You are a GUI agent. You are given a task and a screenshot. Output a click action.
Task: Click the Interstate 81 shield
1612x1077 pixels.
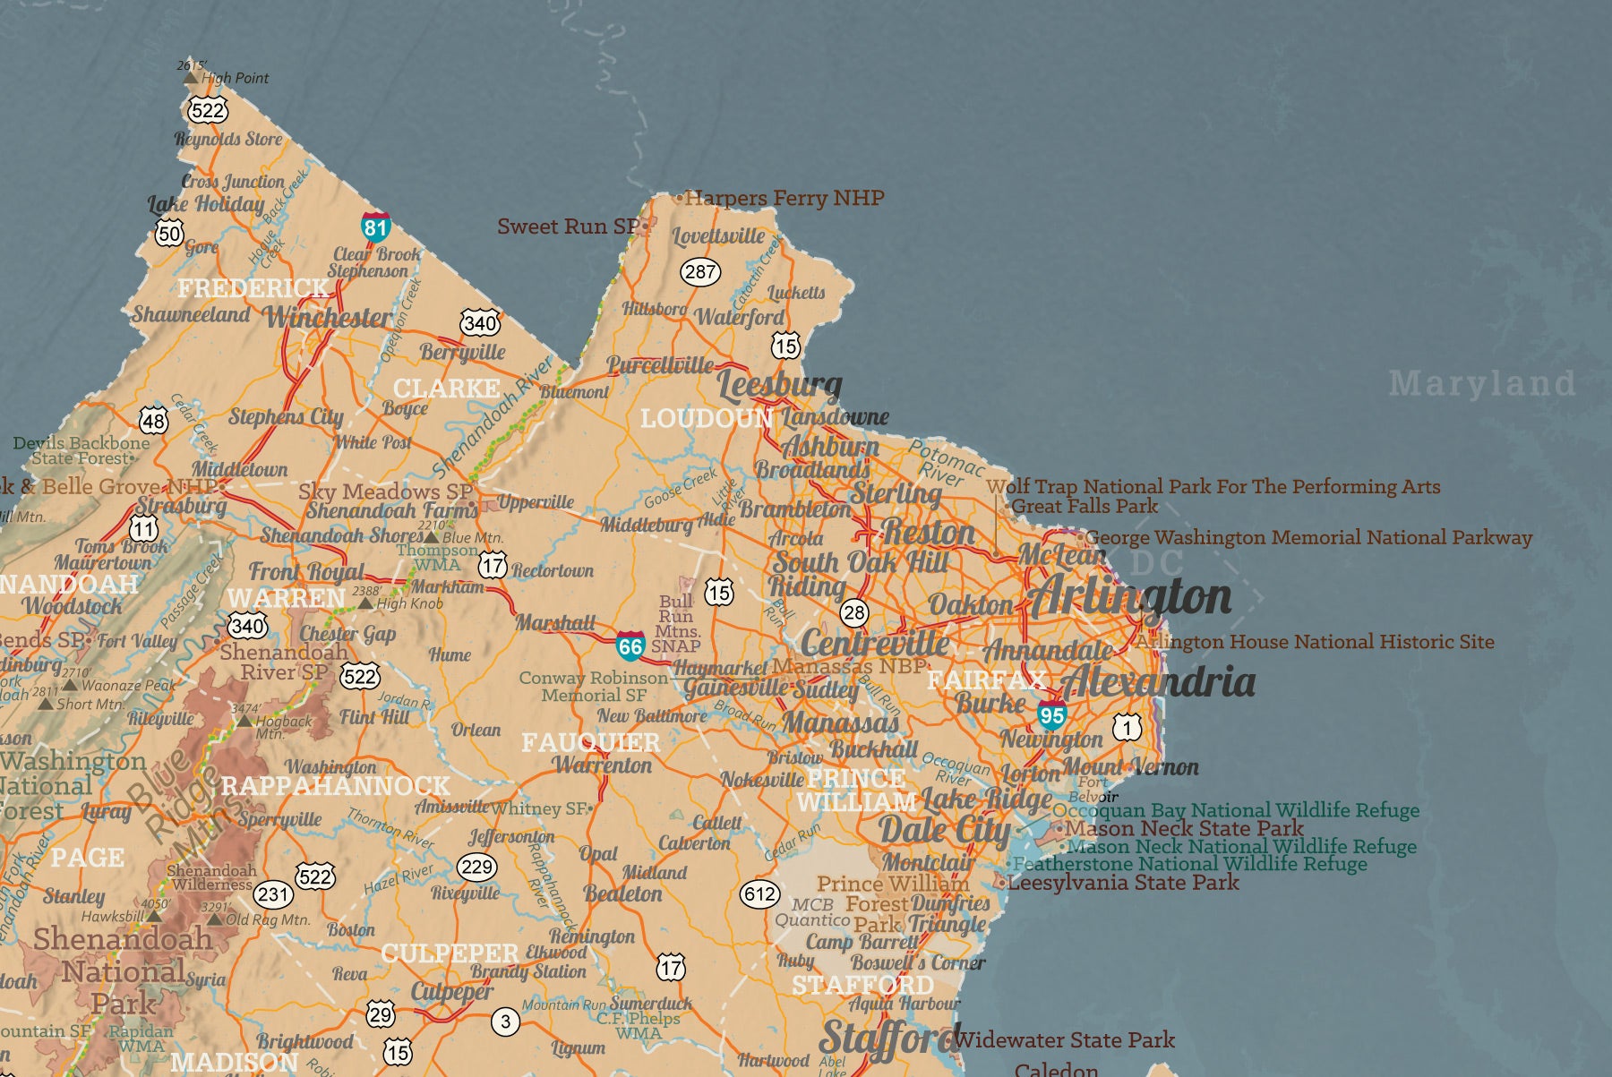(375, 226)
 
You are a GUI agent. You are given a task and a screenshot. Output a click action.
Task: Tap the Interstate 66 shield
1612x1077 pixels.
(630, 645)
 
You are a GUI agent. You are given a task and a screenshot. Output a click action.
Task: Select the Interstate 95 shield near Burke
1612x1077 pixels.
(1051, 714)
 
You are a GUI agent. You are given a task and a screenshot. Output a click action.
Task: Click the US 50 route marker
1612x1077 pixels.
(168, 234)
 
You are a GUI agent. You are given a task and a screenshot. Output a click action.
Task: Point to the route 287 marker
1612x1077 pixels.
(700, 271)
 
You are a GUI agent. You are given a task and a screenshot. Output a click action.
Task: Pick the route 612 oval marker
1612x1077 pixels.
(759, 893)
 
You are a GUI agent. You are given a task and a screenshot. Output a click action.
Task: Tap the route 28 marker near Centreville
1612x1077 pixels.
(854, 613)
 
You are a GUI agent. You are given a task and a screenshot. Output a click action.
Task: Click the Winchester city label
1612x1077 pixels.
(329, 316)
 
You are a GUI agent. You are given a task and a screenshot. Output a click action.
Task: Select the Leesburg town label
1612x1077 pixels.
(779, 384)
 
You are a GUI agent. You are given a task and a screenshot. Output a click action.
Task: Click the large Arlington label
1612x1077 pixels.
(1129, 597)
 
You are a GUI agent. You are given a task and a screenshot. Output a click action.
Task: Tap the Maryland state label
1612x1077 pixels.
(1481, 384)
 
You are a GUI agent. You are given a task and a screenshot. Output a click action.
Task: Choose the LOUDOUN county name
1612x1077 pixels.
(706, 418)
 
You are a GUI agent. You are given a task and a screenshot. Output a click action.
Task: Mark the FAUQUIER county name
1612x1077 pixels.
(590, 742)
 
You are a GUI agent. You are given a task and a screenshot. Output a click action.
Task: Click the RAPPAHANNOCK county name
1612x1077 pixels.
(335, 786)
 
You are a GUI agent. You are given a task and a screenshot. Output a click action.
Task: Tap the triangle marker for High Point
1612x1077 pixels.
(190, 78)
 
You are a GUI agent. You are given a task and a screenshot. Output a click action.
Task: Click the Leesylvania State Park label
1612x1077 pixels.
(1123, 883)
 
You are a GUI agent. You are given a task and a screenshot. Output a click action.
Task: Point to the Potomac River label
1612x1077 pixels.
(946, 463)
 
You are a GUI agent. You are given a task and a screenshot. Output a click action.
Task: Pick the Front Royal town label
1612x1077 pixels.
(306, 571)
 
